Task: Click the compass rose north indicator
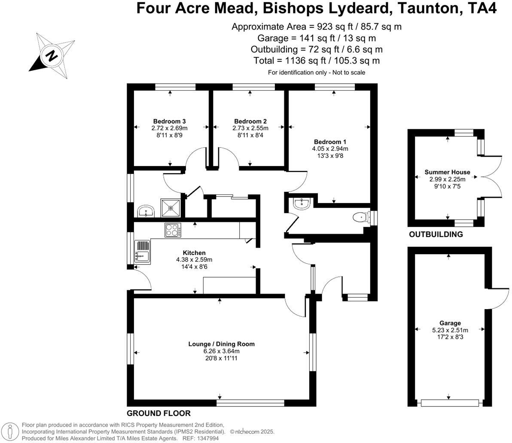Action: [52, 55]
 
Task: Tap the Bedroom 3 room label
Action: [169, 121]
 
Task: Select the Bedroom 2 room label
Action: [250, 121]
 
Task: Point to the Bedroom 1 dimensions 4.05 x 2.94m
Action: [330, 149]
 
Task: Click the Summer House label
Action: [447, 172]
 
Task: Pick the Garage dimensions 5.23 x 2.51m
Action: [450, 330]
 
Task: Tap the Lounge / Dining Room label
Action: [221, 344]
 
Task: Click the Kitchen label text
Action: [194, 253]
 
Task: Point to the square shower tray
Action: [171, 208]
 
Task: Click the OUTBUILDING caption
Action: [436, 234]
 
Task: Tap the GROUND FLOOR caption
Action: [158, 413]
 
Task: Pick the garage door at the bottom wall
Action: [449, 403]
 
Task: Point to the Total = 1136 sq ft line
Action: [317, 61]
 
